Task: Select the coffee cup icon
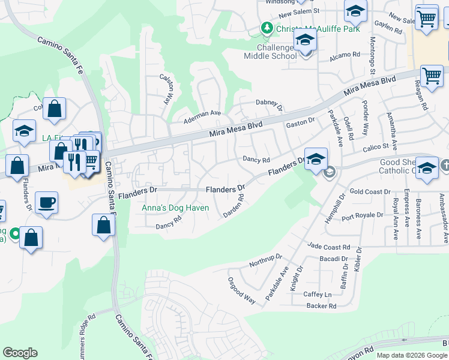point(46,203)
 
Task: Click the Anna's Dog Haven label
point(175,208)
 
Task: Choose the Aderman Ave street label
point(202,113)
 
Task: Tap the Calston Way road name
point(166,88)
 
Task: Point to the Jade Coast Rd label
point(328,247)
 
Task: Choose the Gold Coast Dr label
point(370,192)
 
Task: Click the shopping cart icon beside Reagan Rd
point(432,76)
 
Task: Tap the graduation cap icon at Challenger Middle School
point(305,41)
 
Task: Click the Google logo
point(20,353)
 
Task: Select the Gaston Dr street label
point(300,122)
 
